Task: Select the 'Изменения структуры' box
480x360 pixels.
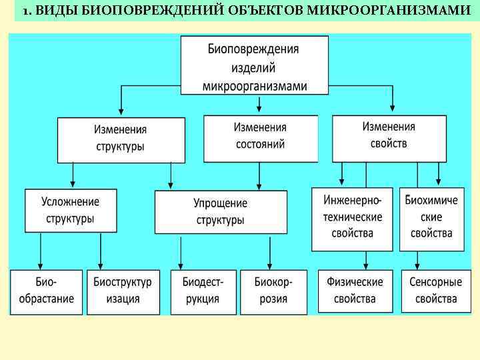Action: [x=120, y=139]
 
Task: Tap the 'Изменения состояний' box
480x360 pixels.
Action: [x=260, y=136]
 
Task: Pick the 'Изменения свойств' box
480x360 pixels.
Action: [x=389, y=135]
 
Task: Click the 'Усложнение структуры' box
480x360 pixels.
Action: [x=70, y=210]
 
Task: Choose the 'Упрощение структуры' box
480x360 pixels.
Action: [x=220, y=211]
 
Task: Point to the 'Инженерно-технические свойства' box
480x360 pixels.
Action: [x=352, y=217]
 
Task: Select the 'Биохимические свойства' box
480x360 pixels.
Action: [x=431, y=217]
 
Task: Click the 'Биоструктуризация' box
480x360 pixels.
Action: [x=123, y=291]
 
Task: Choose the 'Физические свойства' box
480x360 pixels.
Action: [x=354, y=291]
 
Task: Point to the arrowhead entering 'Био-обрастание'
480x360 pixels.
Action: [x=41, y=264]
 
